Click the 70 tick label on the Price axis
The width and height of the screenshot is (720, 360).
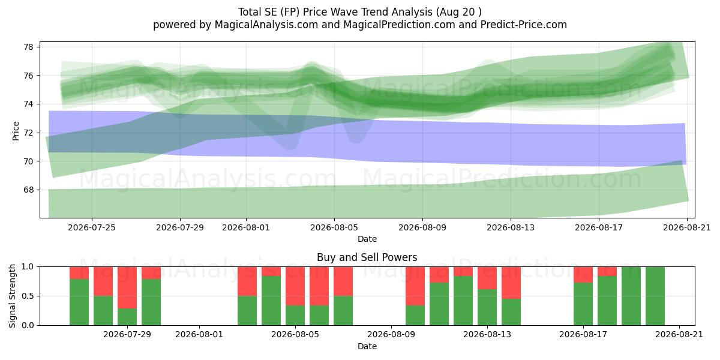(x=28, y=161)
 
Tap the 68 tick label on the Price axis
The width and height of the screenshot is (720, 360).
(x=28, y=190)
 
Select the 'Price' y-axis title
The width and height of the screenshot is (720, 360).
(x=16, y=131)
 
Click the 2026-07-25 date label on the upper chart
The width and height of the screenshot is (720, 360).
(x=92, y=227)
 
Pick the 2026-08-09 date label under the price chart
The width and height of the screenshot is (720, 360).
(x=422, y=227)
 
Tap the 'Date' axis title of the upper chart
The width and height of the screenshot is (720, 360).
(x=367, y=239)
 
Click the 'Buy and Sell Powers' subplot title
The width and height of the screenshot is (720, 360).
(x=367, y=257)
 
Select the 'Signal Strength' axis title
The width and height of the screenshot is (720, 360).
(x=12, y=296)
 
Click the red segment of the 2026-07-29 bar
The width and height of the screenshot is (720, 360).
(x=127, y=287)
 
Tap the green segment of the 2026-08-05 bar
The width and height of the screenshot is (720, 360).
(x=295, y=316)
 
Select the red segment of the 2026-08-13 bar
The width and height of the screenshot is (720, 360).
(x=487, y=278)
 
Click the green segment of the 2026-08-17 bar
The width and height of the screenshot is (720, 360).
(x=583, y=304)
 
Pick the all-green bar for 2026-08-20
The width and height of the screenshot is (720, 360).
(x=655, y=296)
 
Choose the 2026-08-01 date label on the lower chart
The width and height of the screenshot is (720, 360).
(x=199, y=335)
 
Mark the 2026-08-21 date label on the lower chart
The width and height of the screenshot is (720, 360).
(x=679, y=335)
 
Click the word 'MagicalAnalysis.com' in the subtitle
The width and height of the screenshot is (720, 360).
(x=266, y=25)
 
